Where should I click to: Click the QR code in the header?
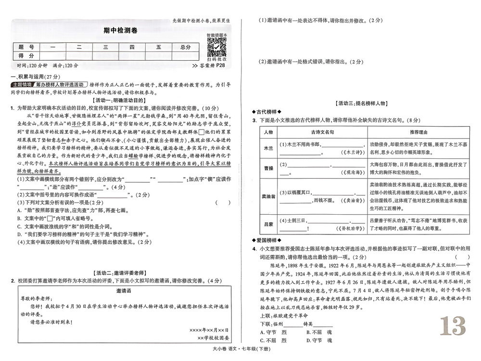[216, 47]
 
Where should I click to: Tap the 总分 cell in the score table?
[185, 47]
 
